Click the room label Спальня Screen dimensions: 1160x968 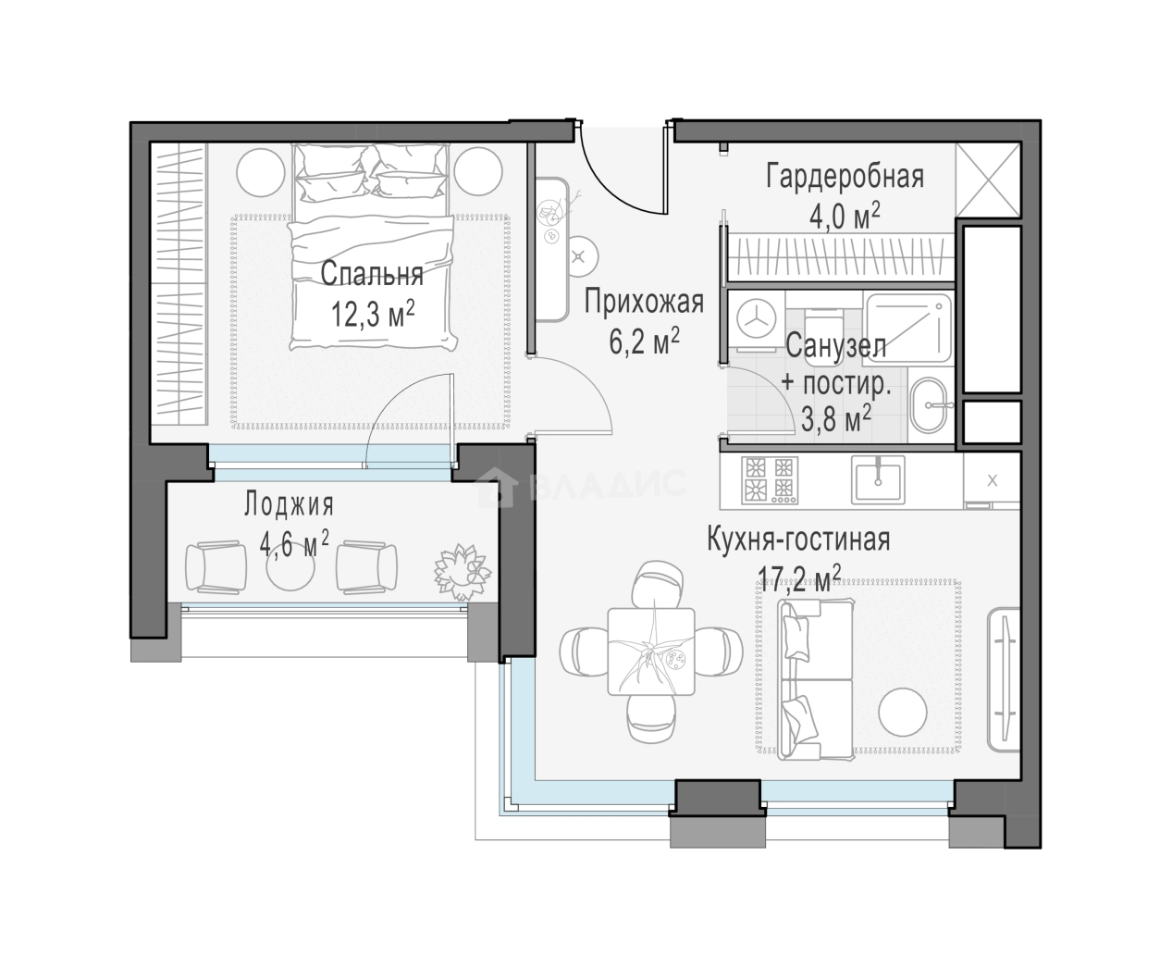click(371, 274)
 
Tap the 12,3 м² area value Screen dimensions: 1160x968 click(373, 314)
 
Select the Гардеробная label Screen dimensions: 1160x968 click(845, 177)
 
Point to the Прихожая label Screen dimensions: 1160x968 click(644, 303)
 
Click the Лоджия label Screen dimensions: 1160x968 click(289, 504)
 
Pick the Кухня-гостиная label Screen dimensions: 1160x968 click(798, 539)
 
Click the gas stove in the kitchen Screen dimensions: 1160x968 click(770, 479)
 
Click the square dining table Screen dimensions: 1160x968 click(651, 652)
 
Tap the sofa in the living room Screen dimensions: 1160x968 click(816, 679)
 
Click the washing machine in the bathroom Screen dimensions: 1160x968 click(756, 322)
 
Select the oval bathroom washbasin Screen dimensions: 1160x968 click(930, 405)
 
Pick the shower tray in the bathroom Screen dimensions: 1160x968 click(909, 329)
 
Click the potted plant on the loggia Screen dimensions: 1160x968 click(463, 572)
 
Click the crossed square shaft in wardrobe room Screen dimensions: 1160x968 click(988, 180)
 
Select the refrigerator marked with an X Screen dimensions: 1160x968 click(992, 481)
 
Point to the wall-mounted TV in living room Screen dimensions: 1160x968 click(1005, 681)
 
